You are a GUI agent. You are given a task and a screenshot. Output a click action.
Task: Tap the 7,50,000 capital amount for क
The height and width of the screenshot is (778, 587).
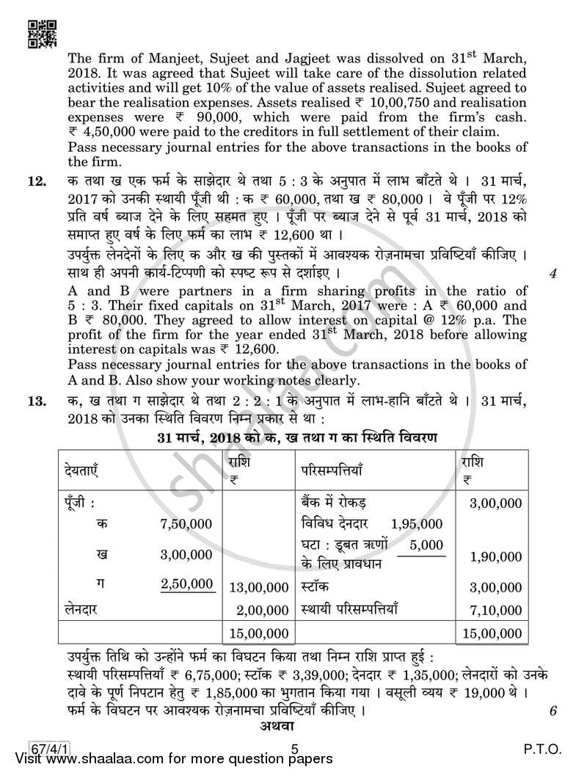[186, 523]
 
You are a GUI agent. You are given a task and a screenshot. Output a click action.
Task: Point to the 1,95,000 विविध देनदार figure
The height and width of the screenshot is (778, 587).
[417, 523]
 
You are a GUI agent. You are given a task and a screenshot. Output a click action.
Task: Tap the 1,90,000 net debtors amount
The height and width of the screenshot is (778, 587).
[496, 557]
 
